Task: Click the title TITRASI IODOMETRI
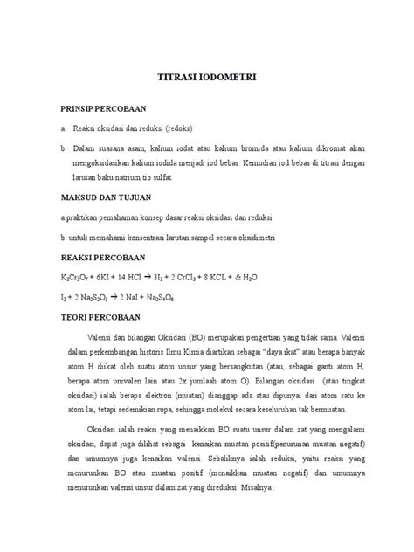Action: (x=206, y=77)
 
